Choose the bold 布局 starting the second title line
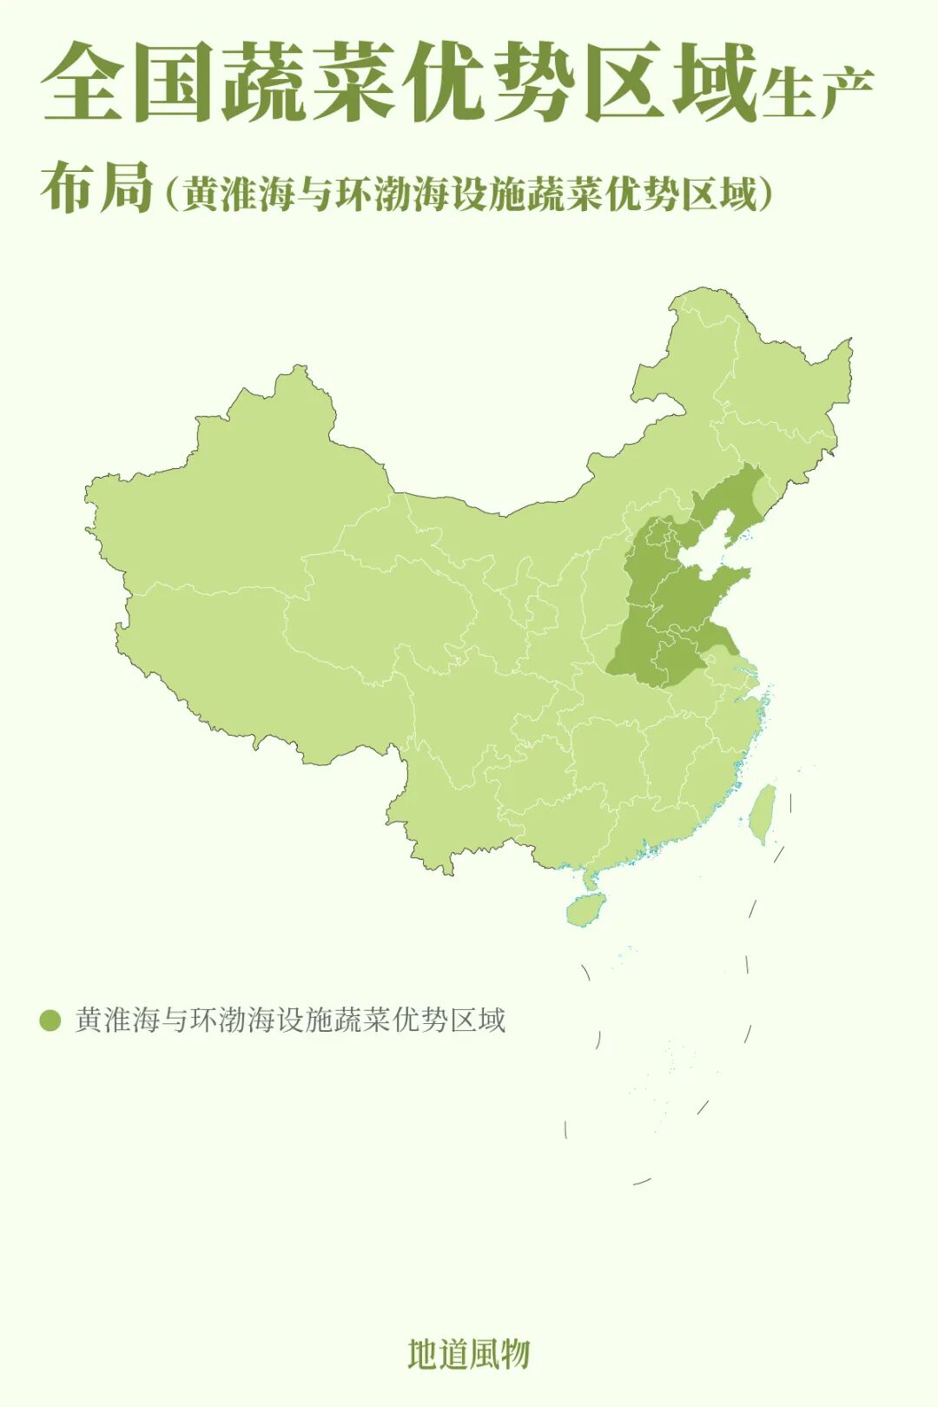click(x=96, y=186)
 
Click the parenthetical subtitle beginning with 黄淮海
click(x=468, y=192)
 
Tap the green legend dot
click(x=50, y=1020)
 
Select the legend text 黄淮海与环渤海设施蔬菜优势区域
click(x=290, y=1019)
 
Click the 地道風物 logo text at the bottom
click(x=468, y=1354)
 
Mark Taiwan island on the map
click(x=763, y=813)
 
